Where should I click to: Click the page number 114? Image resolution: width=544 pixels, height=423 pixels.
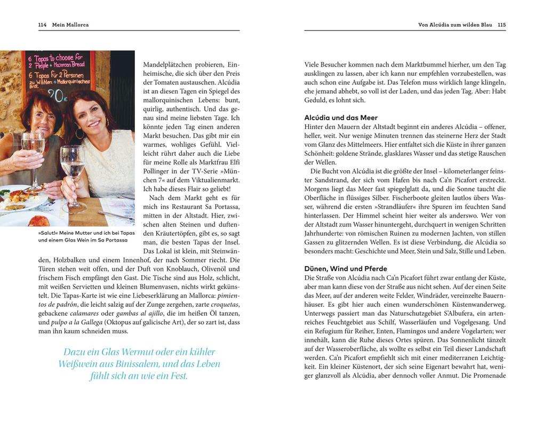(43, 25)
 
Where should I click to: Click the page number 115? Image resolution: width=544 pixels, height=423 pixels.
(501, 25)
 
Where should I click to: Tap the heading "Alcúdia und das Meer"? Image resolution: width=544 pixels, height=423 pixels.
(341, 118)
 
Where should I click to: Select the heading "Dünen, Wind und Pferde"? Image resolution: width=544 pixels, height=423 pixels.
(346, 269)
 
